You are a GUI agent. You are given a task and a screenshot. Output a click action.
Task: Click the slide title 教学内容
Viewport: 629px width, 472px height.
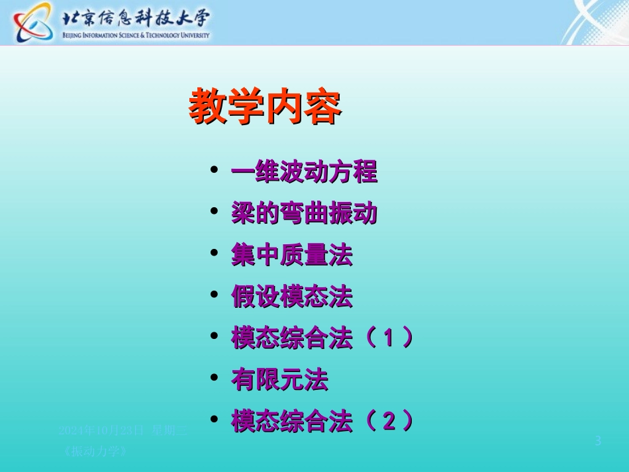click(265, 107)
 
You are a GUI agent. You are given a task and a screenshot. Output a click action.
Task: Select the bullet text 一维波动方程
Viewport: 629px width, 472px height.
click(304, 172)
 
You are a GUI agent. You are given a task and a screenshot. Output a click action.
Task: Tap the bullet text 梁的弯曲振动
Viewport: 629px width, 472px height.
click(304, 214)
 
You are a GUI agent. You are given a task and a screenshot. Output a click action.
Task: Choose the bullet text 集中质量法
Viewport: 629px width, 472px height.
click(291, 256)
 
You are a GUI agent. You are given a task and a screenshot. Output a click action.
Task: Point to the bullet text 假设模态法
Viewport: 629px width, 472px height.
click(291, 297)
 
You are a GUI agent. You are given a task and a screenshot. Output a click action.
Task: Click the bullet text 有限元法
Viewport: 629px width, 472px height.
click(279, 380)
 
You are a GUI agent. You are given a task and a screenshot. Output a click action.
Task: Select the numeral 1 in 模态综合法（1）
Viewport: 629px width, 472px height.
click(389, 338)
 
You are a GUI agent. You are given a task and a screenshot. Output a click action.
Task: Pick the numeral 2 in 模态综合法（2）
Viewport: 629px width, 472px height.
click(389, 421)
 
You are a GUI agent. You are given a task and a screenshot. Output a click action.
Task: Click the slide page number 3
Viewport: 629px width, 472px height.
click(598, 441)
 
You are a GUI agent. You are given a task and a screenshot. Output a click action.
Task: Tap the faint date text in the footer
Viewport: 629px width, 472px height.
click(122, 430)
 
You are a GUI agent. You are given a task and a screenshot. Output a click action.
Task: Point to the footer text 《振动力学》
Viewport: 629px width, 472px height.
click(93, 451)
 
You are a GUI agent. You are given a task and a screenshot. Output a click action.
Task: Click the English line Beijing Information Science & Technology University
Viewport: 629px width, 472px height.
click(136, 35)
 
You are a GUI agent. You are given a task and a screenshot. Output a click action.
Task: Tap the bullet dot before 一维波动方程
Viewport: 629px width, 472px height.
click(213, 170)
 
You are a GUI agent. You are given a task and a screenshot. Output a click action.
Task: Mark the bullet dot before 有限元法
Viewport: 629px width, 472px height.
click(213, 378)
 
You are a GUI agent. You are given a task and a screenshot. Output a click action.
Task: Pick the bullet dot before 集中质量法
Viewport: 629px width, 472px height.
click(213, 254)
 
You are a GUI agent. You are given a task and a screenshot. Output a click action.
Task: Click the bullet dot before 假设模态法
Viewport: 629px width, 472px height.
click(213, 295)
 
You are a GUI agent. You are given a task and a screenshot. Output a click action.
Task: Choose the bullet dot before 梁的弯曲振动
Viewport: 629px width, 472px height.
click(213, 212)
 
